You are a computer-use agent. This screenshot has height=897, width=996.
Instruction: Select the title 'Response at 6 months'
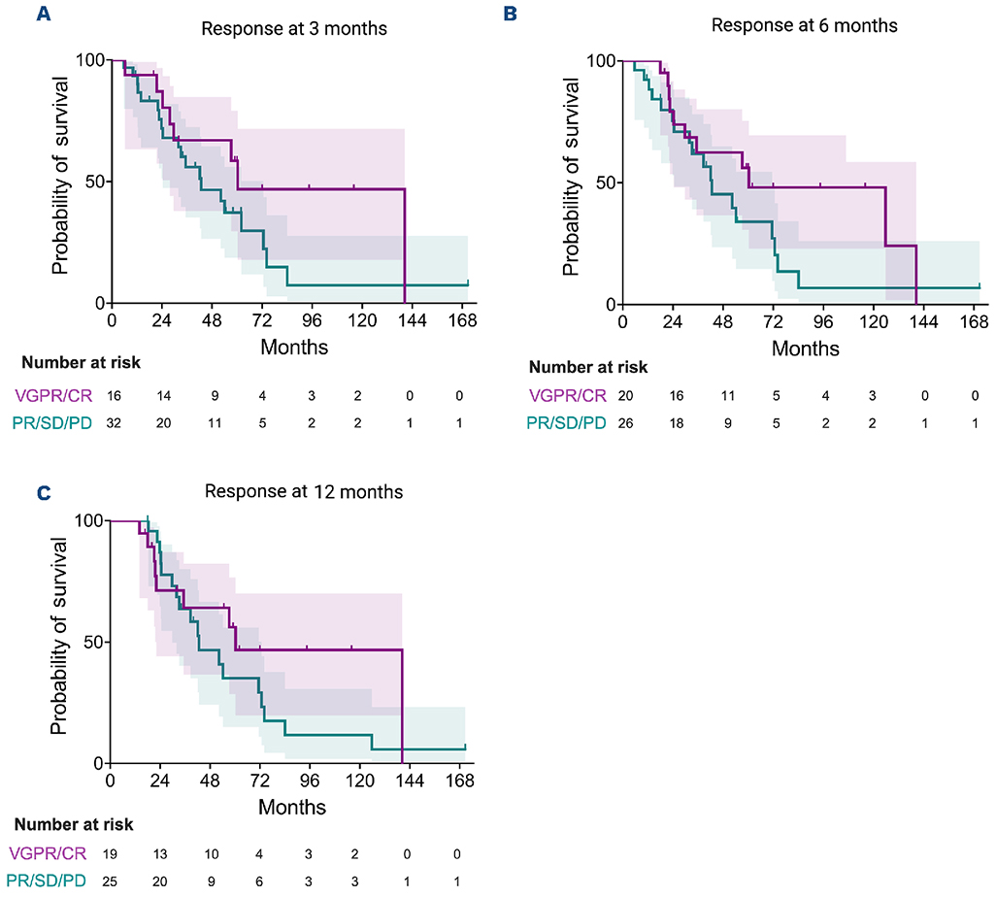[804, 25]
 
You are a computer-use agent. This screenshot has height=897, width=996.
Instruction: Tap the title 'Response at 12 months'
[303, 491]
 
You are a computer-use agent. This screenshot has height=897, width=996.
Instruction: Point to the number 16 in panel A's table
[113, 396]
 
